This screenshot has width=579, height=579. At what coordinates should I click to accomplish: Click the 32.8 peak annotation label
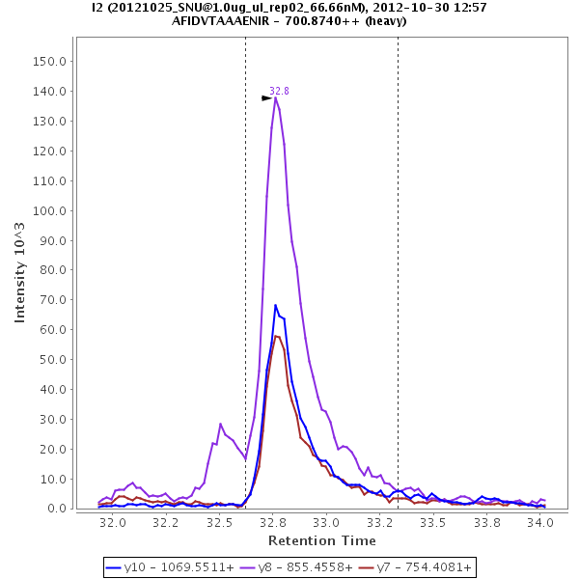279,91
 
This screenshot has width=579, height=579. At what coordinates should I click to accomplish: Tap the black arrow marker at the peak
266,97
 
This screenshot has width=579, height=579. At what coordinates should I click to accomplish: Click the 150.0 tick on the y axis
49,61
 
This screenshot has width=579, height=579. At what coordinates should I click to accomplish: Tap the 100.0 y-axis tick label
49,210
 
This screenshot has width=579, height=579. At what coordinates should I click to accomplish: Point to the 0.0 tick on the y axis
56,509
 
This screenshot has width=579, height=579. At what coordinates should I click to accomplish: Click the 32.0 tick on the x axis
113,522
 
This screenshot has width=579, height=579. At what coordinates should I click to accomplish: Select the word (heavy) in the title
386,20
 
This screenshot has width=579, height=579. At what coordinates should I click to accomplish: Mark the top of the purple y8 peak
275,97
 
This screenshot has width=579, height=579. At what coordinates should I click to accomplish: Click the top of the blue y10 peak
275,306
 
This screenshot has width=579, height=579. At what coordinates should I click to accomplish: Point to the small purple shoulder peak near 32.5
220,424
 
